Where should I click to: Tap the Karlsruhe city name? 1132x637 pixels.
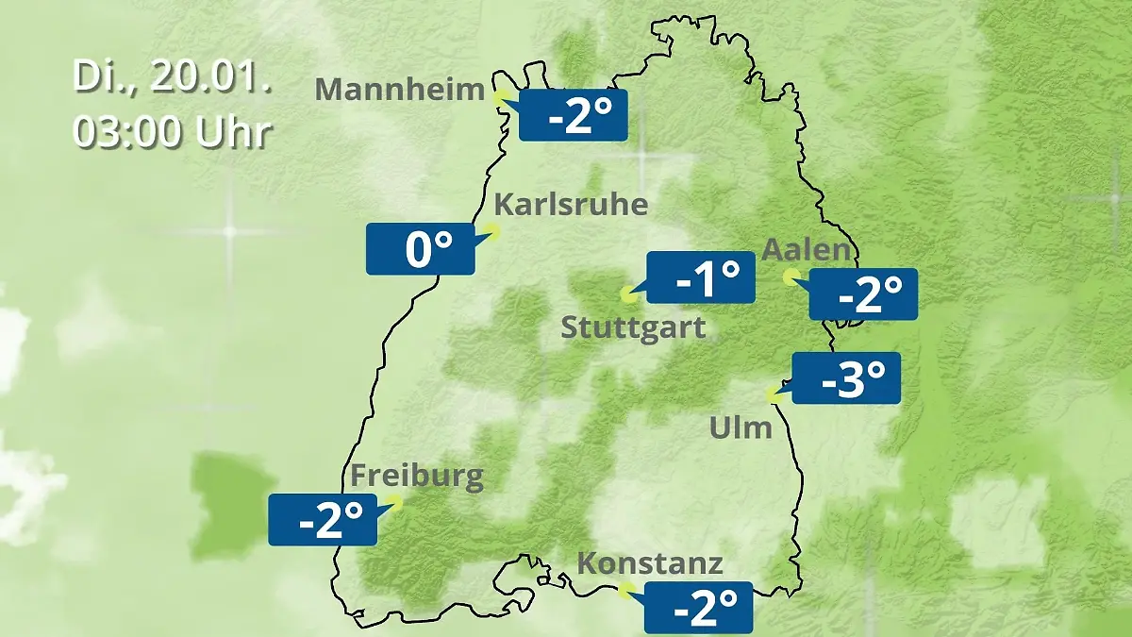571,205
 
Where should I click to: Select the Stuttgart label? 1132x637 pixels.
633,328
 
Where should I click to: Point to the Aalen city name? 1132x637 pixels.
807,250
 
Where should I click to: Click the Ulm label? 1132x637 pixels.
741,428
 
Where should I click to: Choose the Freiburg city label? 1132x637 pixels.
417,475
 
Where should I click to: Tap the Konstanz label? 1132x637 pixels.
650,563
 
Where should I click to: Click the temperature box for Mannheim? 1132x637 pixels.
573,115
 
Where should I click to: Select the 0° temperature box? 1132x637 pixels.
421,249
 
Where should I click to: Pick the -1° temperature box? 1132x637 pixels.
701,277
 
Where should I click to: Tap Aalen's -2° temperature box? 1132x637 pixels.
863,294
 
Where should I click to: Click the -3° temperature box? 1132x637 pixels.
846,378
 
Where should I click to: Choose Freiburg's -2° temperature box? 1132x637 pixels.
323,520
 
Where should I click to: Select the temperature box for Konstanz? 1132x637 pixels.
698,608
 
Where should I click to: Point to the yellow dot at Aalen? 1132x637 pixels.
791,276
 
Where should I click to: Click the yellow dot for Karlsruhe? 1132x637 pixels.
491,229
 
